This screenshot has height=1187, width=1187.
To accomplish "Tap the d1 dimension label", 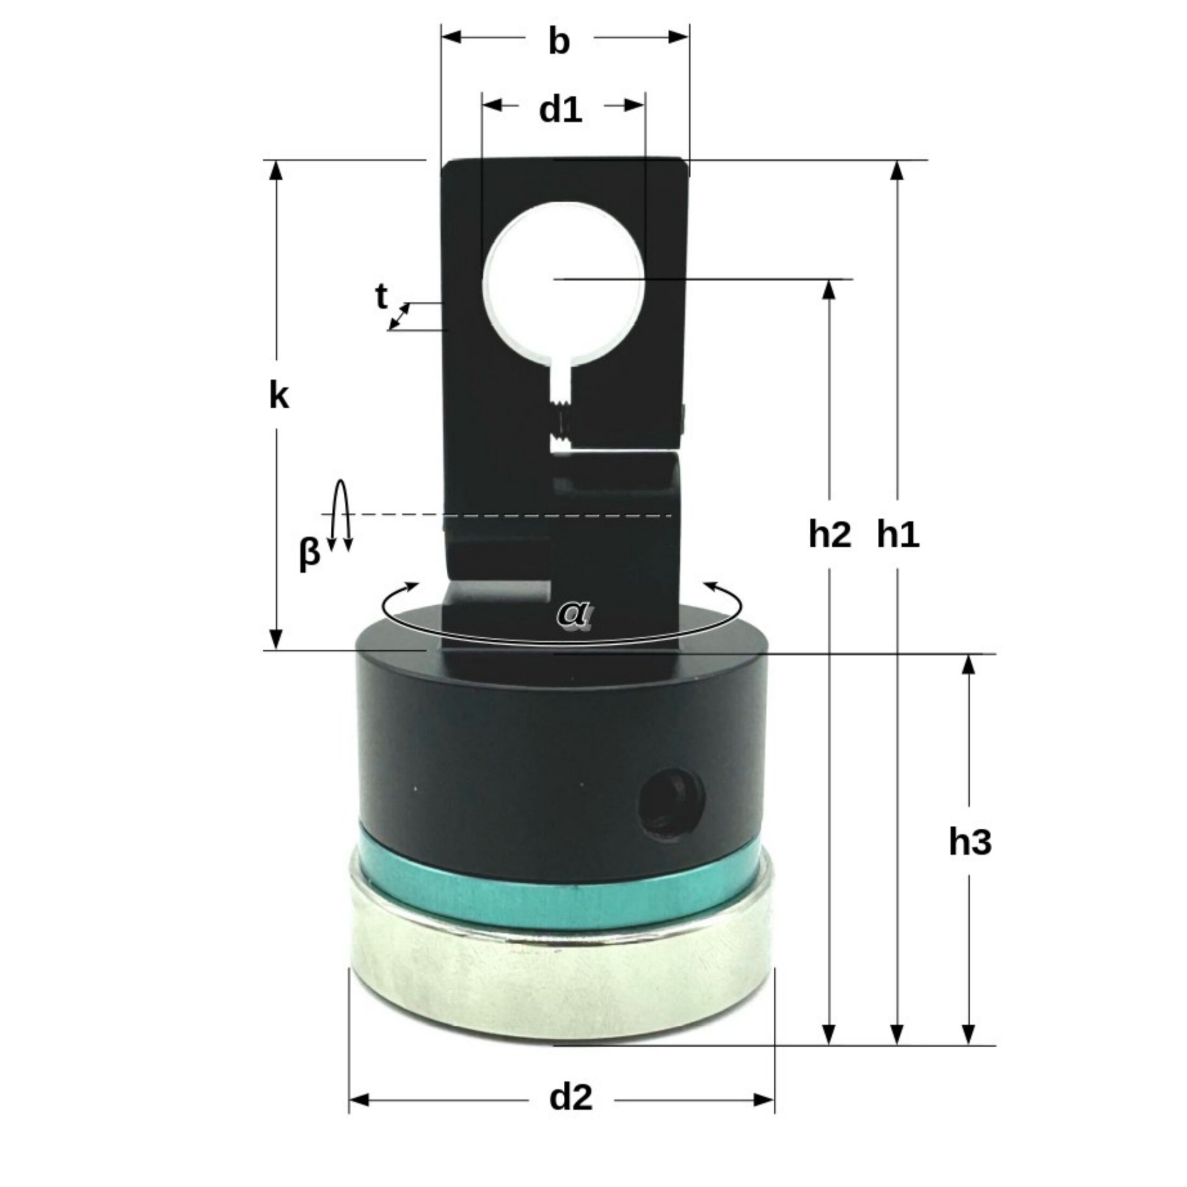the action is coord(561,110).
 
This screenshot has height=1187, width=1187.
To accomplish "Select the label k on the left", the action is coord(279,397).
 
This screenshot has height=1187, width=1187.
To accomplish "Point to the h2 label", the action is coord(830,535).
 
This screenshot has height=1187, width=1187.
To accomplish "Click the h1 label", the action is coord(898,535).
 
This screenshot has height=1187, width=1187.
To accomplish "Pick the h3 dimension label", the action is coord(970,842).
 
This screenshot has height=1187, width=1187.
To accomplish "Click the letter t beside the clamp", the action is coord(381,297).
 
